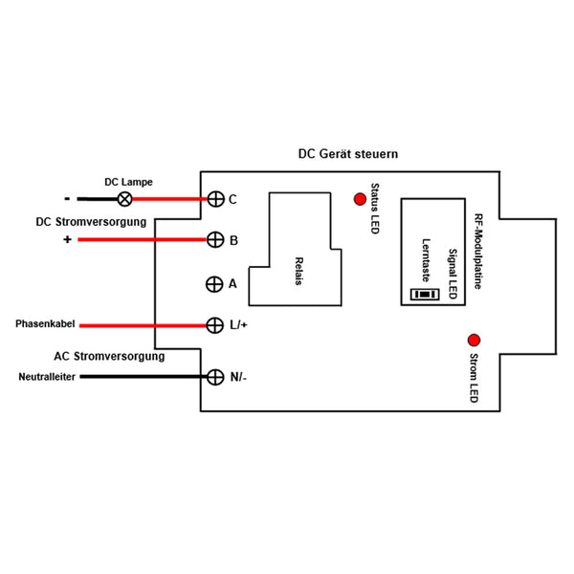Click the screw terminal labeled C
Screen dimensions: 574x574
(215, 199)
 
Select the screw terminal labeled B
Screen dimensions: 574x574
(215, 240)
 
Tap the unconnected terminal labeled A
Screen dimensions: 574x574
(214, 284)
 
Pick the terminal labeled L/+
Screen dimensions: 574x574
(215, 325)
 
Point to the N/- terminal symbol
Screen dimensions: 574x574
(215, 377)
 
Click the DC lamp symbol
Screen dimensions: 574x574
(124, 199)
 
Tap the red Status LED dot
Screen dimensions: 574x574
(360, 199)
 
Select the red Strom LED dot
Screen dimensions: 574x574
(475, 341)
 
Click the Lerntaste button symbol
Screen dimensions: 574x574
(425, 295)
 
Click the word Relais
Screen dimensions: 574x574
(299, 271)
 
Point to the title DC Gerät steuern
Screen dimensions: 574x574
(348, 154)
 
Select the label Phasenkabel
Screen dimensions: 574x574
(45, 324)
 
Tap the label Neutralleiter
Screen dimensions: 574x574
(47, 377)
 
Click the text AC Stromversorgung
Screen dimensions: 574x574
(109, 356)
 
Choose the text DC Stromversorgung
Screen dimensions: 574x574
(91, 222)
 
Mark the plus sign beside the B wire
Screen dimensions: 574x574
(67, 239)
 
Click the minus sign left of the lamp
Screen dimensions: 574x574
(67, 199)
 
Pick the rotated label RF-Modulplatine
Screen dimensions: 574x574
(477, 252)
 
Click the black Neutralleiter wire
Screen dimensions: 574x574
(143, 377)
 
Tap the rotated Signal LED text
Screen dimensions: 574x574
(453, 274)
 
